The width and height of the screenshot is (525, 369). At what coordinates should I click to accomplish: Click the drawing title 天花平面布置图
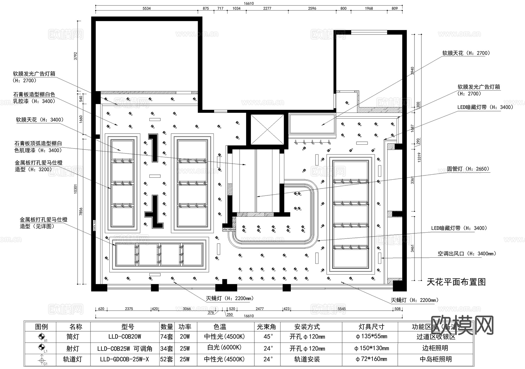pos(456,282)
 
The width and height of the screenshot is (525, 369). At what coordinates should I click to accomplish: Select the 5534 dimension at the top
pos(146,8)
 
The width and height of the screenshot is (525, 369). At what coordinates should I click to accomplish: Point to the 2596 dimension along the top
pos(312,8)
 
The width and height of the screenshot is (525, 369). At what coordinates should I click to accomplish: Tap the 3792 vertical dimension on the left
pos(76,56)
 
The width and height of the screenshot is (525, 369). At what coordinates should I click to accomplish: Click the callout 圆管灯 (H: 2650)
pos(468,169)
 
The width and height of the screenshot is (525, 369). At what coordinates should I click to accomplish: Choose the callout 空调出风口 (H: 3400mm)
pos(467,254)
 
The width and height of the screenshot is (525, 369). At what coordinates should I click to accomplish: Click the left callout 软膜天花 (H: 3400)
pos(40,120)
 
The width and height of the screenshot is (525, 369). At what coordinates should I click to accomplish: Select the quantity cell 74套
pos(167,337)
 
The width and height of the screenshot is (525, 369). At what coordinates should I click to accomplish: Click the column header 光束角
pos(266,327)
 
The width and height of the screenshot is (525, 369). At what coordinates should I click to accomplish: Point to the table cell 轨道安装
pos(307,359)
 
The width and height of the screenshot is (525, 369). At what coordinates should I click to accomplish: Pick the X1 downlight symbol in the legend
pos(41,337)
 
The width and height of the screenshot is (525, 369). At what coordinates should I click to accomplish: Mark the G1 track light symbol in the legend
pos(41,360)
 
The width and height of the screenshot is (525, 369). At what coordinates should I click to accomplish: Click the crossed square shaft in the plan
pos(267,129)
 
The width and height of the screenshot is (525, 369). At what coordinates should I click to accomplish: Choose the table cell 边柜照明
pos(435,348)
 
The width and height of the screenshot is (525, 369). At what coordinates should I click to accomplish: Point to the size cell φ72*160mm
pos(371,359)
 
